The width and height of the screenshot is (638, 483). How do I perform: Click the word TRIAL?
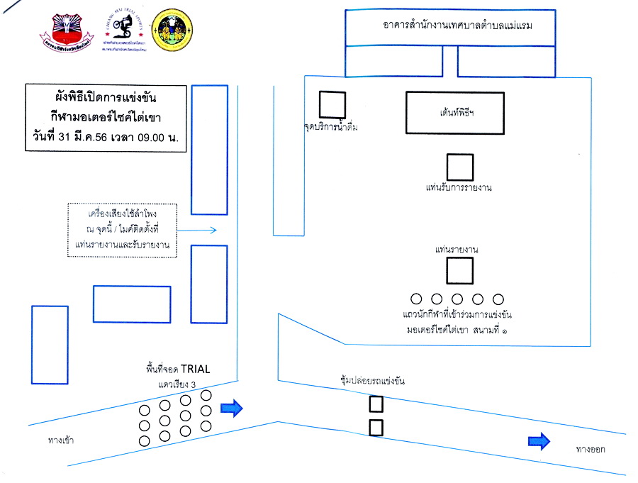click(x=196, y=369)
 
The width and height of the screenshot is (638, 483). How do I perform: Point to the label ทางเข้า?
click(x=61, y=440)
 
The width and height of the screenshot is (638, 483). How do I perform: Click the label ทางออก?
click(x=591, y=449)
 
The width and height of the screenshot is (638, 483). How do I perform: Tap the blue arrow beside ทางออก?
click(x=539, y=441)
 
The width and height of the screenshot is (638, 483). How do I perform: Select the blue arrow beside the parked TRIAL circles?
click(x=232, y=407)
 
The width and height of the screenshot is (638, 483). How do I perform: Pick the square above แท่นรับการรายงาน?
click(x=459, y=167)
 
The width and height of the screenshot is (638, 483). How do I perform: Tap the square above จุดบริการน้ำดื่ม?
click(x=331, y=105)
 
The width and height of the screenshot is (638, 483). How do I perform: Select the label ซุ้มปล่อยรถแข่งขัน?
click(x=372, y=382)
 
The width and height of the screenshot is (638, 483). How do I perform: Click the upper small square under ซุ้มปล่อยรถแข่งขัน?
click(x=376, y=404)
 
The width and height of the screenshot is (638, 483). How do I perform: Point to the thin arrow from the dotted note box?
click(x=197, y=230)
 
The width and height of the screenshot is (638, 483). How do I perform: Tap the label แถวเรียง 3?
click(x=176, y=384)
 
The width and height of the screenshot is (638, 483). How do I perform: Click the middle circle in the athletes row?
click(x=457, y=299)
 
